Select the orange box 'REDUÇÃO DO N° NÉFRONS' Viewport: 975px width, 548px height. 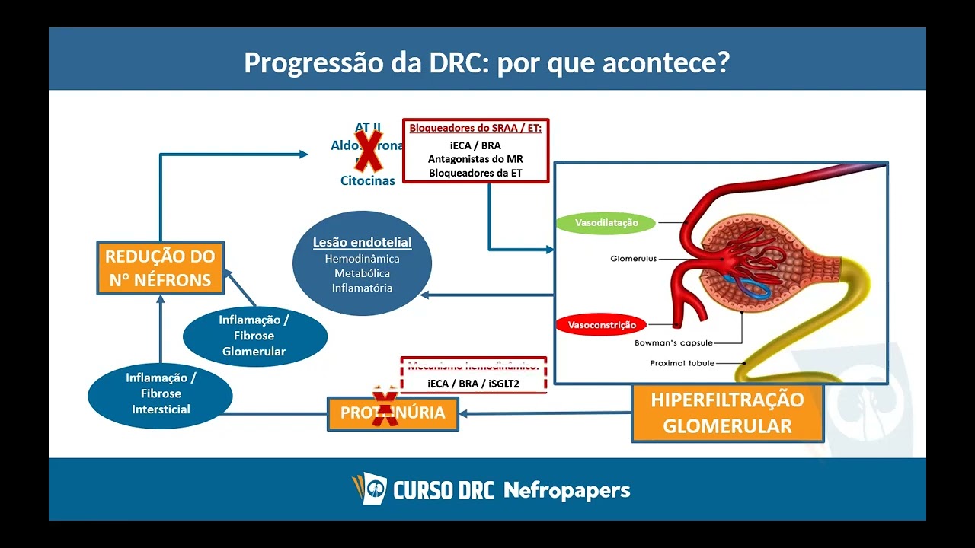click(160, 268)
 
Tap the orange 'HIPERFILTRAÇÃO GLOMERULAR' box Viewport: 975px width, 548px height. click(727, 413)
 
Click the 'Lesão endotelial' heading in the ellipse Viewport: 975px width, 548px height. click(362, 243)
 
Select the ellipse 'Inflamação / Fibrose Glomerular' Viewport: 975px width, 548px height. click(254, 336)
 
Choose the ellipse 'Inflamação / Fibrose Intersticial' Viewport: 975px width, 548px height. click(161, 393)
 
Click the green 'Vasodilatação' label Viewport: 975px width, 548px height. click(606, 224)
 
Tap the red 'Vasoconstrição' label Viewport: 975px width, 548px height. click(602, 325)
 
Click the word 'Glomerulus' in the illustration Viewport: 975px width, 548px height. click(633, 259)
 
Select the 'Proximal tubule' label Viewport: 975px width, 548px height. click(682, 363)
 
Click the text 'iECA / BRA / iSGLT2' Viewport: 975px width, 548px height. click(473, 384)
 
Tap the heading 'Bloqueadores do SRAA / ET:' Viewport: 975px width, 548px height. click(475, 128)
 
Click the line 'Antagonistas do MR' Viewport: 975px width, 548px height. click(475, 159)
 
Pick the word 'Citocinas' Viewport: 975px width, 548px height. click(367, 181)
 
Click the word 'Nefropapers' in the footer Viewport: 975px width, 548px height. click(567, 490)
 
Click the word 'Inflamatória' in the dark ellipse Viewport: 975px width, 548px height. click(362, 288)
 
